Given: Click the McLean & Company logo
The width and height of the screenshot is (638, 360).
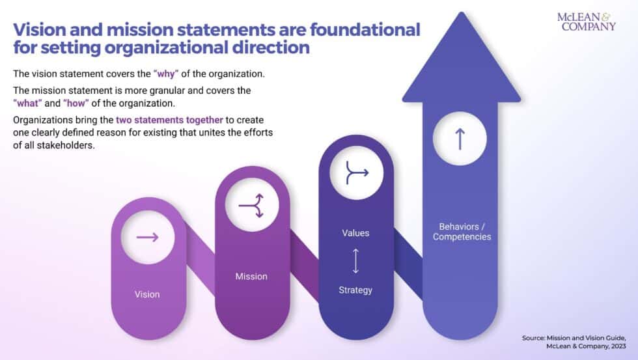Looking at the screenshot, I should point(586,21).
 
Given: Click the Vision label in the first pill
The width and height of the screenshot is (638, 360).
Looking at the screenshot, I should point(147,294).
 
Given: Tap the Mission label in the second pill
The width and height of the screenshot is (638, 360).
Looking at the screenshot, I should point(251,277).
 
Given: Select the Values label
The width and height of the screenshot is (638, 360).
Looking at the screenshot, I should point(355,232).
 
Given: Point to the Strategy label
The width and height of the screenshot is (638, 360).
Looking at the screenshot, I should point(355,290).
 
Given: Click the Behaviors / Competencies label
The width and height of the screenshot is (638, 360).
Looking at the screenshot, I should point(462,232).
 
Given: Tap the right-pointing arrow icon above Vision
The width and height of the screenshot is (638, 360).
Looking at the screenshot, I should point(148,237).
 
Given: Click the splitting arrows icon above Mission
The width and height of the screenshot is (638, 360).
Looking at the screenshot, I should point(252,204).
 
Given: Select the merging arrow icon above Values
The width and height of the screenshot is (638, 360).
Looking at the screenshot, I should point(356,173).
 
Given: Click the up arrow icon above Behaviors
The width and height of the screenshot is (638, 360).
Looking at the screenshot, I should point(460,139).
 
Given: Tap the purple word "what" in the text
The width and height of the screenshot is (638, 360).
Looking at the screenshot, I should point(26,104).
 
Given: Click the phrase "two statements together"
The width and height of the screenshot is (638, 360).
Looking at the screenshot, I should point(167,120).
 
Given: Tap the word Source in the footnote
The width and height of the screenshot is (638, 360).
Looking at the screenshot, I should point(536,338).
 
